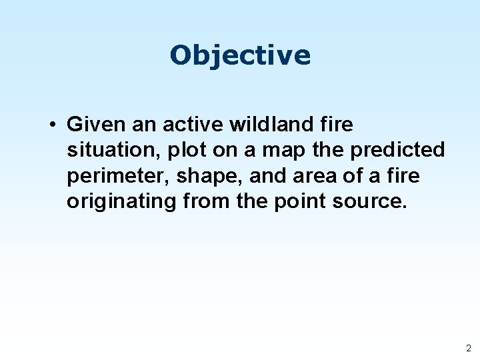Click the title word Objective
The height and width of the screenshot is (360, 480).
tap(240, 55)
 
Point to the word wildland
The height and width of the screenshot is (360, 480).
tap(257, 125)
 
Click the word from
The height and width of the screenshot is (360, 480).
tap(203, 202)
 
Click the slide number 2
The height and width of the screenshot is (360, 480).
tap(468, 348)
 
